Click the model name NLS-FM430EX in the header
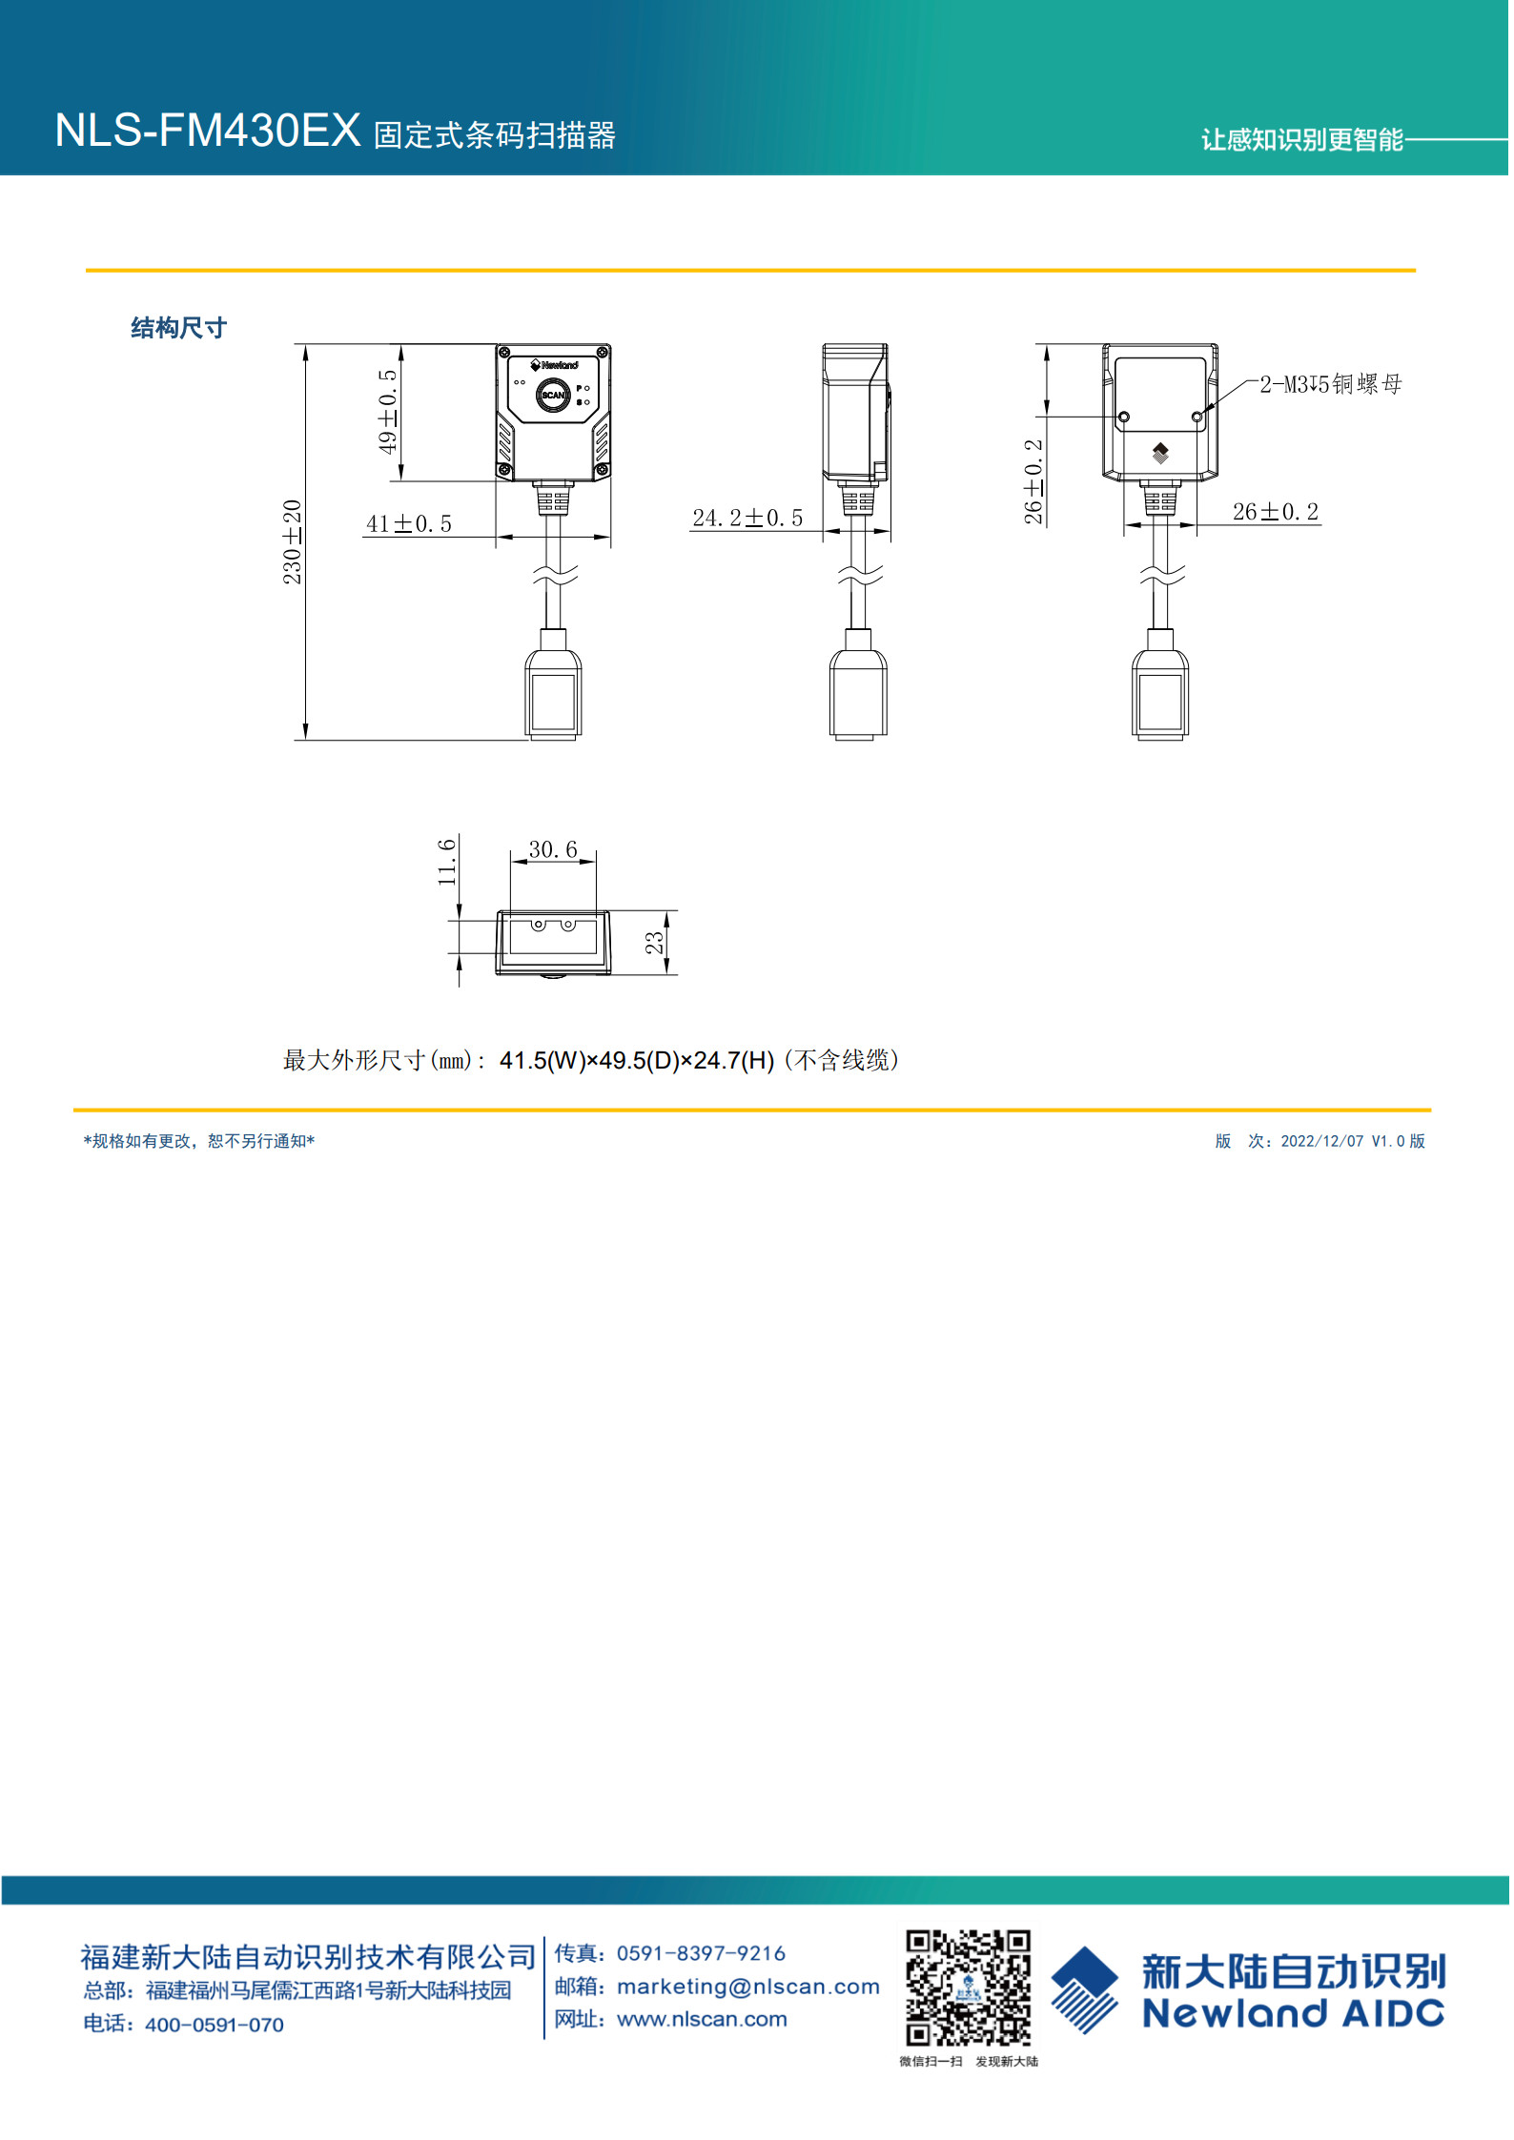(x=208, y=131)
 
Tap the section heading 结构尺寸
(x=179, y=328)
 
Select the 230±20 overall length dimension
(x=292, y=541)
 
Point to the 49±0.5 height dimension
(x=387, y=412)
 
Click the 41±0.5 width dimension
(x=409, y=523)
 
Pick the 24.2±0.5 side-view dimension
(x=748, y=518)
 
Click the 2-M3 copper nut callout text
(x=1331, y=384)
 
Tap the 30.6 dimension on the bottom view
(x=553, y=849)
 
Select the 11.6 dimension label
(x=446, y=862)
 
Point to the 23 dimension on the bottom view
(x=654, y=943)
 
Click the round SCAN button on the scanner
(x=553, y=395)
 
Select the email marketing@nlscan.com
(x=748, y=1987)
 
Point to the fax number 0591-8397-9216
(x=702, y=1953)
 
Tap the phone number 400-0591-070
(x=215, y=2025)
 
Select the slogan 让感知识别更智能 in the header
(x=1302, y=140)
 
